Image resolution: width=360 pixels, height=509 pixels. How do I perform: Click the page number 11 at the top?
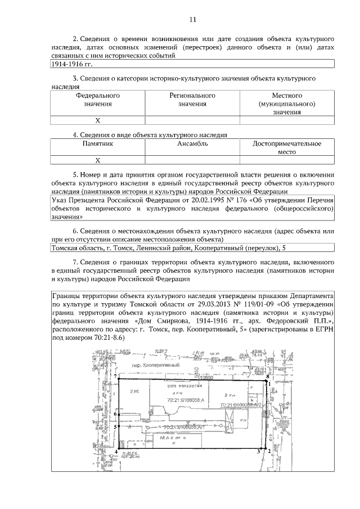pyautogui.click(x=192, y=19)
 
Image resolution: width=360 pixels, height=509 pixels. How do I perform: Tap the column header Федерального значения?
pyautogui.click(x=97, y=100)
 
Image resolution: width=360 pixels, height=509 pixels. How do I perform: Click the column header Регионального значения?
pyautogui.click(x=192, y=100)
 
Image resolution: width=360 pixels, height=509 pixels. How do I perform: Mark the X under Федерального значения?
pyautogui.click(x=97, y=120)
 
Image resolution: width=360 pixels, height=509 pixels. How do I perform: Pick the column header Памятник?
pyautogui.click(x=97, y=144)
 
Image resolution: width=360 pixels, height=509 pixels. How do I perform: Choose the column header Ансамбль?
pyautogui.click(x=192, y=144)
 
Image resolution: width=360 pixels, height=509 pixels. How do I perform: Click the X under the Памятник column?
pyautogui.click(x=97, y=160)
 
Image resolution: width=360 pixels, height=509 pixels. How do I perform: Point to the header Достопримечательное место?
pyautogui.click(x=286, y=148)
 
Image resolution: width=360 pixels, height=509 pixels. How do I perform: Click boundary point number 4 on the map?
pyautogui.click(x=116, y=451)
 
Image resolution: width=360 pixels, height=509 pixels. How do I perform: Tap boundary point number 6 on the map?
pyautogui.click(x=115, y=415)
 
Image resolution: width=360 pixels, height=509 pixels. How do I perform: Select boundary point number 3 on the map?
pyautogui.click(x=258, y=451)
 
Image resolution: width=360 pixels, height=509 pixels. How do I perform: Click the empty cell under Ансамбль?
pyautogui.click(x=192, y=160)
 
